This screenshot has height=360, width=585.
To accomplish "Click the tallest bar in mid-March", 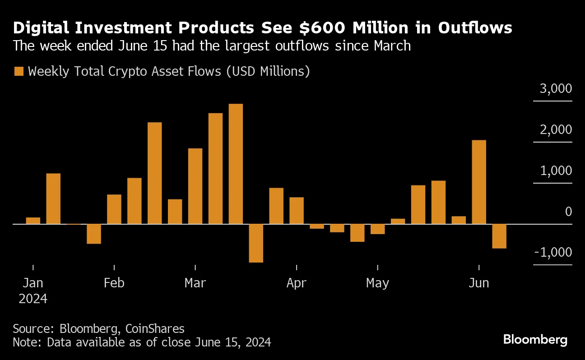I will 236,164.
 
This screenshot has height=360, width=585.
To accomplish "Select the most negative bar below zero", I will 256,243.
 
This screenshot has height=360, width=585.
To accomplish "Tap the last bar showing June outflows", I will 499,236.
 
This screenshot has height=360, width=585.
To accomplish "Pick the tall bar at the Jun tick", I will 479,182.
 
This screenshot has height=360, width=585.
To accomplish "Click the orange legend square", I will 19,71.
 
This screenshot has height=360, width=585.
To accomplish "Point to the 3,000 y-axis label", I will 556,88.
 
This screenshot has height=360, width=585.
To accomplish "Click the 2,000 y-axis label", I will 556,130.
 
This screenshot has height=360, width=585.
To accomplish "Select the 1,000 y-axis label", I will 556,171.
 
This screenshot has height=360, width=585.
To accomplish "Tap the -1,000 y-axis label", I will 553,253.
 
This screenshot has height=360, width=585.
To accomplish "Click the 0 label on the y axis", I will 568,212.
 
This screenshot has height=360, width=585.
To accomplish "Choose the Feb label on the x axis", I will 114,283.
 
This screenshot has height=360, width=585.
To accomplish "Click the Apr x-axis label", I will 297,283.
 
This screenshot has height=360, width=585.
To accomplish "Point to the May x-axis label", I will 377,283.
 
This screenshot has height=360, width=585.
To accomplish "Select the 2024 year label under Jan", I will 33,299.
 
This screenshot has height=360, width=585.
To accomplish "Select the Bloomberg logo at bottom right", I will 535,339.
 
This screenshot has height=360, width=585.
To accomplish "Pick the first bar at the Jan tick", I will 33,221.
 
